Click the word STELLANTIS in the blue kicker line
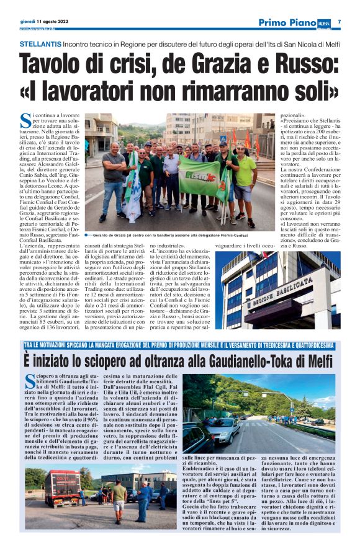click(x=40, y=45)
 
